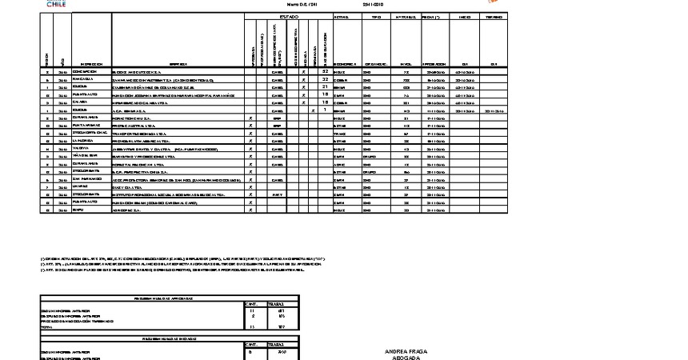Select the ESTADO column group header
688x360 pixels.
tap(288, 17)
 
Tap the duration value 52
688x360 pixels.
tap(326, 72)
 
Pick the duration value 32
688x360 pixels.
tap(326, 80)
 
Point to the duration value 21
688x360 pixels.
tap(326, 87)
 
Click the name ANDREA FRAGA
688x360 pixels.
tap(406, 351)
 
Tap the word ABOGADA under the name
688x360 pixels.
tap(406, 358)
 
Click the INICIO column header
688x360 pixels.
tap(464, 17)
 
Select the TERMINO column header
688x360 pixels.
tap(494, 17)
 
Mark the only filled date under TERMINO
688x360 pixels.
tap(494, 110)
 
